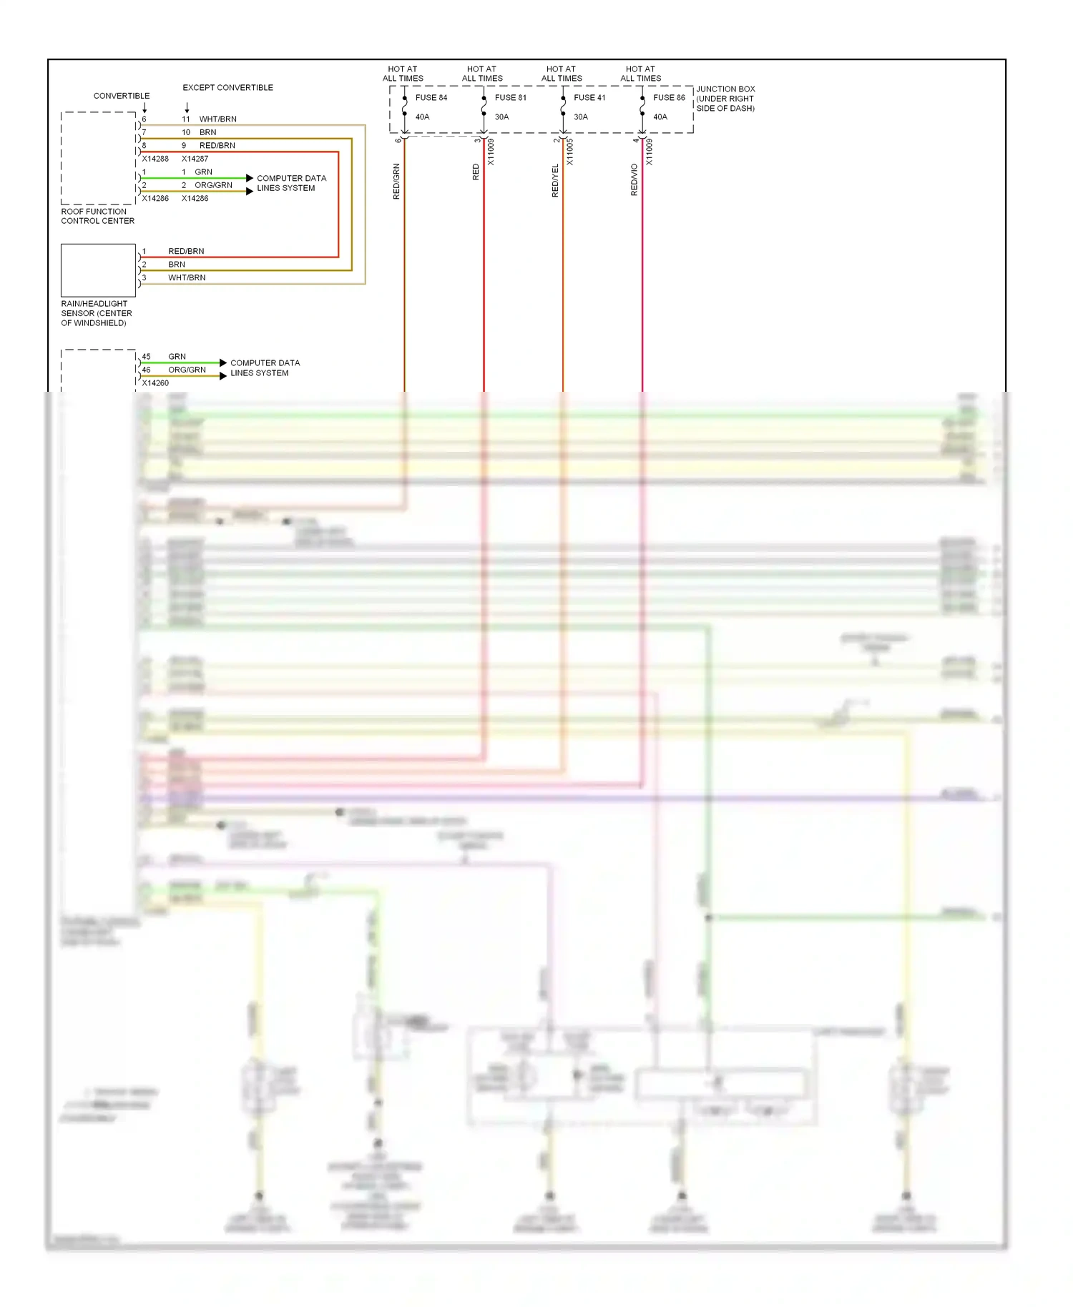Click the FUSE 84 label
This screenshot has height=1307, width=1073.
431,98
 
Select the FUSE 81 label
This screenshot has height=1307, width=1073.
510,98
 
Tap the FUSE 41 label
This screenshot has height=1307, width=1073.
589,98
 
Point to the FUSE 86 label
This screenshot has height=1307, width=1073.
669,98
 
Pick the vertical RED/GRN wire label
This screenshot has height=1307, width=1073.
396,182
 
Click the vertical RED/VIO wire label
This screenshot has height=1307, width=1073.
634,180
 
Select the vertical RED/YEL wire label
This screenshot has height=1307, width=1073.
555,181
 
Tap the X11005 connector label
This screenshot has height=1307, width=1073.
570,152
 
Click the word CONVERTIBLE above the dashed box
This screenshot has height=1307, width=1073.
122,96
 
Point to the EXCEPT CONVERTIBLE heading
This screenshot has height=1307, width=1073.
227,88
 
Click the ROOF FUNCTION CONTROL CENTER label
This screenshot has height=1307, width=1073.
97,216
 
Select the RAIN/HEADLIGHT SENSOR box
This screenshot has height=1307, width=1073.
98,270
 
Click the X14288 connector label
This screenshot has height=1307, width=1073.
155,159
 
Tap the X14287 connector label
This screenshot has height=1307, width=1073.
195,159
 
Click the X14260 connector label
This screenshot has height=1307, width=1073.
155,383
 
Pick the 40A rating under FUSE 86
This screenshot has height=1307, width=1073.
660,117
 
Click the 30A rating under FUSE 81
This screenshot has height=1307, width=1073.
501,117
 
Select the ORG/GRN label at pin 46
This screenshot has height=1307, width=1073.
187,370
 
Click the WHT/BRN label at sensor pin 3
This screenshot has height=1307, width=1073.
187,277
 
